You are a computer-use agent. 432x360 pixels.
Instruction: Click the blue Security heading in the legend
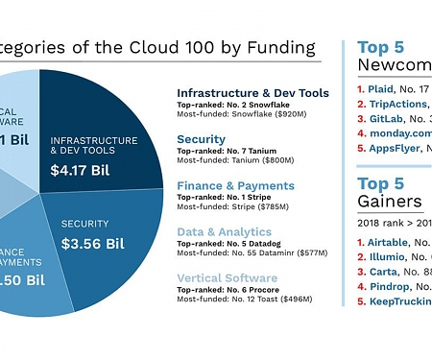point(202,139)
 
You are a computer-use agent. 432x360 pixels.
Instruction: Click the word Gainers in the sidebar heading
point(390,202)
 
